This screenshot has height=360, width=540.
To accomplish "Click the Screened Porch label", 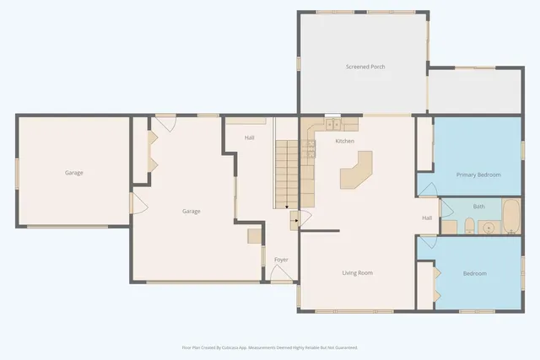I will click(x=364, y=67).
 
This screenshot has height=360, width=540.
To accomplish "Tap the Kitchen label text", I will click(x=344, y=141).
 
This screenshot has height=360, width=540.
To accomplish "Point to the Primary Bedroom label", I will click(x=478, y=175).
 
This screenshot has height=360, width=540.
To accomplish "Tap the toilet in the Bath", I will click(x=448, y=226).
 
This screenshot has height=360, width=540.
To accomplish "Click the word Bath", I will click(x=478, y=207).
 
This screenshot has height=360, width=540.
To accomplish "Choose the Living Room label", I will click(x=357, y=272).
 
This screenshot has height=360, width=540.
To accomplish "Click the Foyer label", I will click(x=281, y=260).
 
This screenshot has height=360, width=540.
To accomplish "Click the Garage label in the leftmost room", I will click(x=74, y=173).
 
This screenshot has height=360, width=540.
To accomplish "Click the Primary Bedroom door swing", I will click(x=426, y=186).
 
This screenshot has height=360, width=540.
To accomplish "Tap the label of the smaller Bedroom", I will click(x=474, y=273).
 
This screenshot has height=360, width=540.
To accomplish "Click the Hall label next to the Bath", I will click(x=427, y=218).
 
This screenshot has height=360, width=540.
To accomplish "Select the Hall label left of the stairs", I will click(x=250, y=137).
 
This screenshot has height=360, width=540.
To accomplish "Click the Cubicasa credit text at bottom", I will click(x=270, y=347).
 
